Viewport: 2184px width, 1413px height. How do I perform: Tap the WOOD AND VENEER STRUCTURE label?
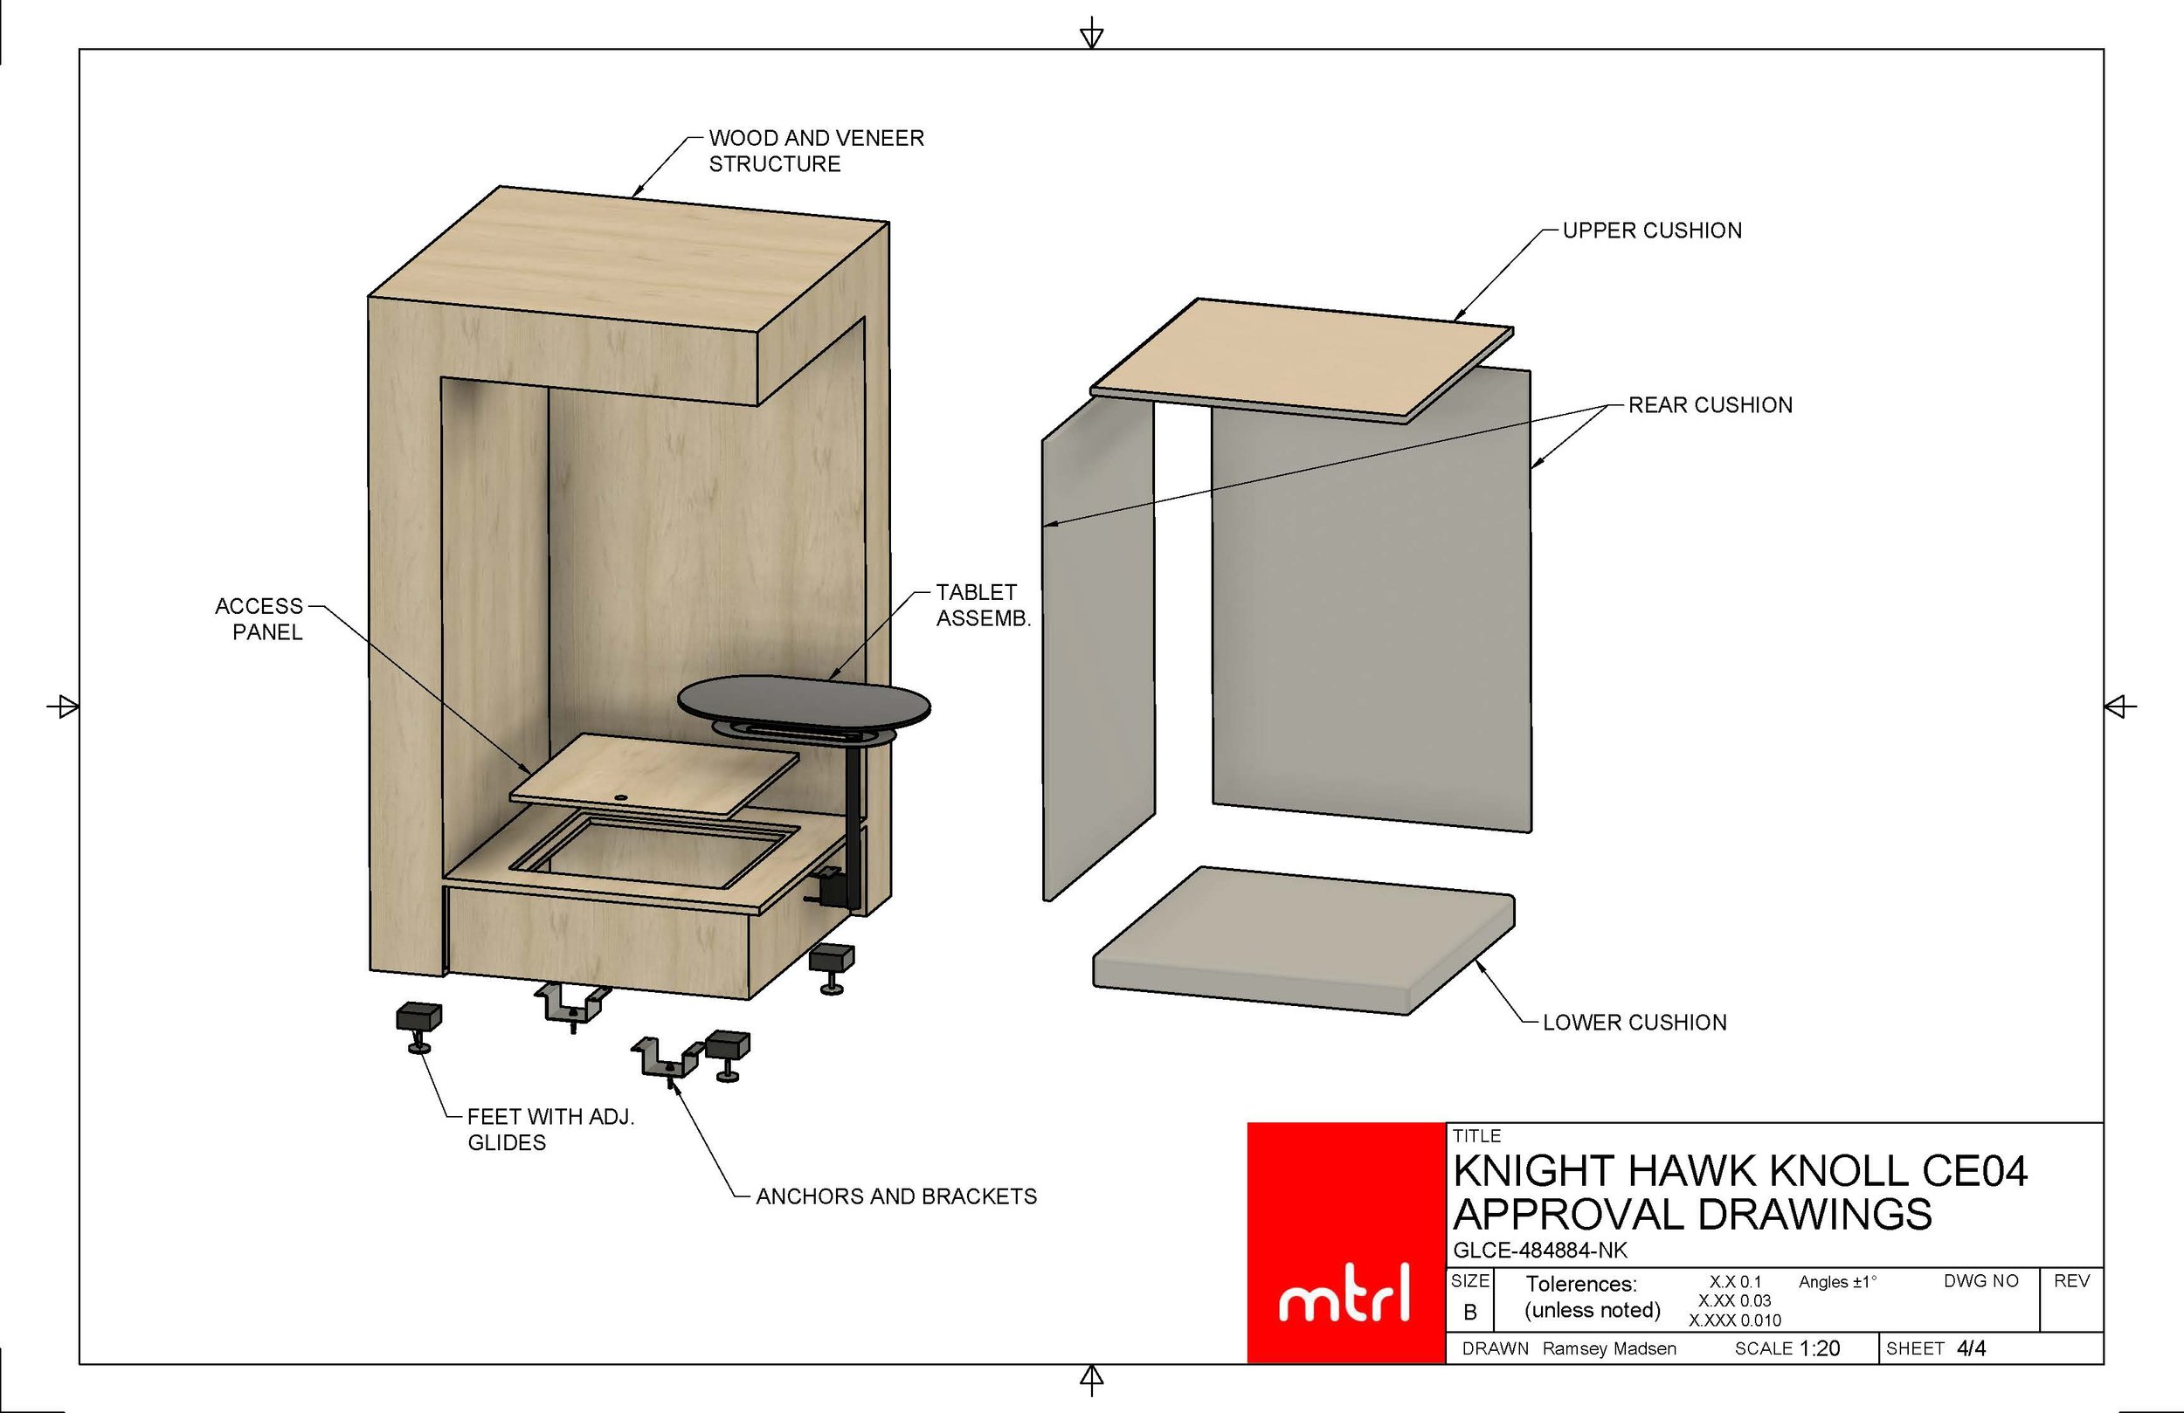[816, 150]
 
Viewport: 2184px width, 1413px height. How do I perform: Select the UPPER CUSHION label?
[1652, 231]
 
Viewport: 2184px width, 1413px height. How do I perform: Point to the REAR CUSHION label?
[1710, 404]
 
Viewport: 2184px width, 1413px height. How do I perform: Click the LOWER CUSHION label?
[1635, 1022]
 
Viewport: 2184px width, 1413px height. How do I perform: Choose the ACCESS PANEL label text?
[259, 619]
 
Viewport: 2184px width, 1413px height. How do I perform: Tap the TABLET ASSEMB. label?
[983, 605]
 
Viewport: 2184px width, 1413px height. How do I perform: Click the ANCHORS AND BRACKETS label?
[896, 1196]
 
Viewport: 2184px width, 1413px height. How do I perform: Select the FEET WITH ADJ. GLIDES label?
[550, 1129]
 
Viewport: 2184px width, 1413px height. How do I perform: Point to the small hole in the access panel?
[621, 797]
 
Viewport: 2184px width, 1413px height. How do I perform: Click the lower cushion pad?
[1303, 941]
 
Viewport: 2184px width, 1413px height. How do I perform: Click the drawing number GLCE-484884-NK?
[1540, 1250]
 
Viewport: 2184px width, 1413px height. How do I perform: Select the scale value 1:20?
[1819, 1348]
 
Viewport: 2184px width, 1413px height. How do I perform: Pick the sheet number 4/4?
[1971, 1348]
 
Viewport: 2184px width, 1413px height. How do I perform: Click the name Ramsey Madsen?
[1608, 1348]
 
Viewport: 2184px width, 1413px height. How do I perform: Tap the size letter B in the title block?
[1470, 1312]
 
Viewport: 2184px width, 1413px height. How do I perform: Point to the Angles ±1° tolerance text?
[1838, 1282]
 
